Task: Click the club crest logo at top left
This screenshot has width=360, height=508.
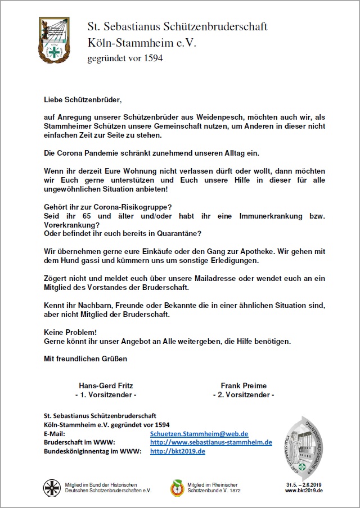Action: pyautogui.click(x=54, y=40)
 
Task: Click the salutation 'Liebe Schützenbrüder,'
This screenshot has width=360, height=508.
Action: pyautogui.click(x=83, y=100)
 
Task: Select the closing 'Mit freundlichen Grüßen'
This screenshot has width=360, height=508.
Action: pyautogui.click(x=85, y=358)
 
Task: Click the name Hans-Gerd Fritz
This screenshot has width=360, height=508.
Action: pyautogui.click(x=106, y=385)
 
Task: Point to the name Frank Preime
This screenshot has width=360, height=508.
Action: pyautogui.click(x=244, y=385)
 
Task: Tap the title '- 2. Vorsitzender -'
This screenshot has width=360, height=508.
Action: pyautogui.click(x=244, y=395)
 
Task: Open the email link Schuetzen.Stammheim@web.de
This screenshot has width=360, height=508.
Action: pyautogui.click(x=199, y=434)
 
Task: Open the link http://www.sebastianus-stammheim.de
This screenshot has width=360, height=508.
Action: pyautogui.click(x=211, y=442)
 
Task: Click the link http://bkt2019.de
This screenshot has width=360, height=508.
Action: pyautogui.click(x=177, y=451)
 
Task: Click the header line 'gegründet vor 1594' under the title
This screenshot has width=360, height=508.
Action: pyautogui.click(x=125, y=58)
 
